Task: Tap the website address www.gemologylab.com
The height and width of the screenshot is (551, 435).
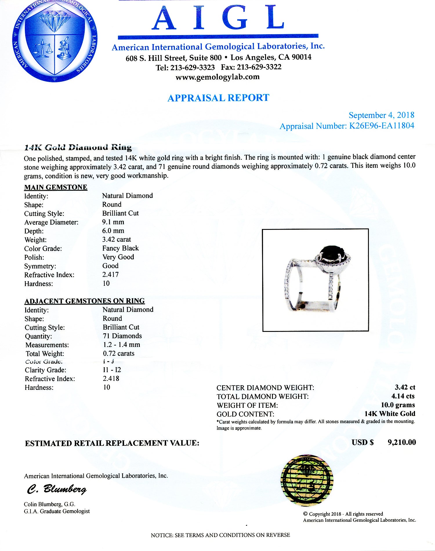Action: pos(217,77)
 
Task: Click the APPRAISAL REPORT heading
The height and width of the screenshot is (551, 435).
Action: pos(218,98)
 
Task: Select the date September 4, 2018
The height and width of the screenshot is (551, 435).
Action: pos(381,115)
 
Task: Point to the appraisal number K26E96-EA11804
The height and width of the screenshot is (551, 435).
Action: pos(381,126)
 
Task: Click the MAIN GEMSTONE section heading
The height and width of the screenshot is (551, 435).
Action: pos(56,187)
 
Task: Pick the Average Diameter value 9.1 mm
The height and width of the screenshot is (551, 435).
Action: pos(113,222)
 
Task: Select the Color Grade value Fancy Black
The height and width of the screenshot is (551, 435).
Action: pos(120,248)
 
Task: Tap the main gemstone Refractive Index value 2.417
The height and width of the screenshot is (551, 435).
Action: pos(110,274)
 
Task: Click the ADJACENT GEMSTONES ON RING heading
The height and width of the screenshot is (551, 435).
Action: pos(84,301)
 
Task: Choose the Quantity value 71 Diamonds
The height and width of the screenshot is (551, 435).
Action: pos(122,336)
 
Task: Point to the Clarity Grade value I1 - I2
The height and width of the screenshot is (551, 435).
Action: pos(112,370)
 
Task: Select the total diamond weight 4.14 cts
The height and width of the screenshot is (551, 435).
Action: pos(403,396)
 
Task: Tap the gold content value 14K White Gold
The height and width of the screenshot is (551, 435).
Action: pos(390,414)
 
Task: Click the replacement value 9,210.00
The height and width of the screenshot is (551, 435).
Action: pos(402,442)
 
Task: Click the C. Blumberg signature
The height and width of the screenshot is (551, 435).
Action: pos(57,490)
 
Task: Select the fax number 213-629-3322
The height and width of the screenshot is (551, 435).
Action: pos(259,67)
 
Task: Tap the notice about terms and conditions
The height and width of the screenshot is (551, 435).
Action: pos(220,535)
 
